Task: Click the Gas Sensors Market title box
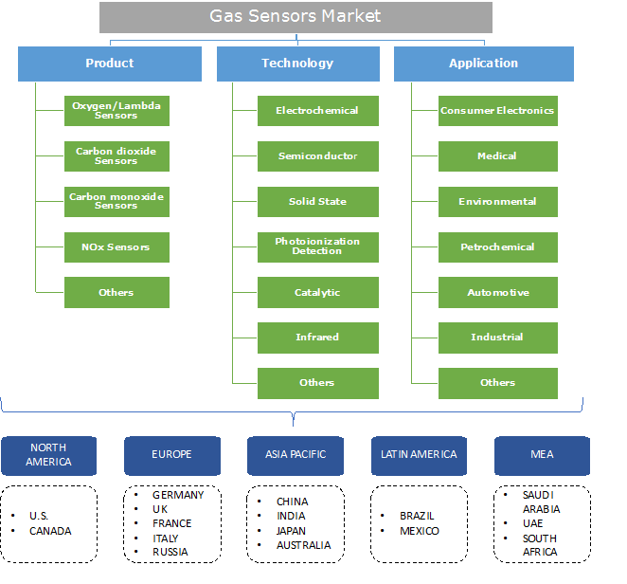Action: [x=296, y=17]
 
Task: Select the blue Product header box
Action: [x=110, y=64]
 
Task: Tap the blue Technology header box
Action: [x=297, y=64]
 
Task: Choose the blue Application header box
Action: [x=483, y=64]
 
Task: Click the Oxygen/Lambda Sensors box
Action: [x=116, y=111]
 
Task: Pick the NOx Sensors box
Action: [x=116, y=247]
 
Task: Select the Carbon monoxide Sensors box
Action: [x=116, y=201]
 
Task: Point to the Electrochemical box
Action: [x=317, y=111]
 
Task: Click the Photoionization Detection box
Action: [x=317, y=246]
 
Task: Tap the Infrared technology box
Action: [x=317, y=338]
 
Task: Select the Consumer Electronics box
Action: [x=497, y=111]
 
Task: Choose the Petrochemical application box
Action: [x=497, y=247]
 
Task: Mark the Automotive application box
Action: [x=497, y=293]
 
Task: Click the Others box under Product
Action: [x=116, y=293]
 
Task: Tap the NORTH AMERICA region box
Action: [x=48, y=455]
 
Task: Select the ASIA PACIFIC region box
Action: [x=296, y=455]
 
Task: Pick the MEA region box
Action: [x=542, y=455]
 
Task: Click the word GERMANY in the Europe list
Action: [x=178, y=495]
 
